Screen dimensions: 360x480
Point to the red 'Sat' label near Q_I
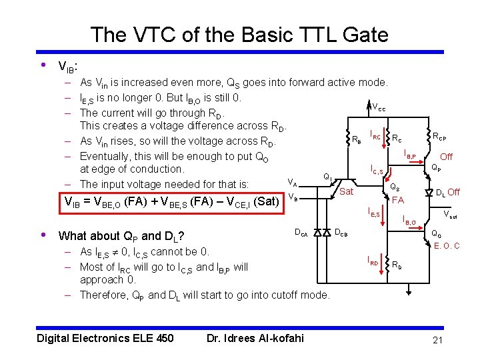pos(346,192)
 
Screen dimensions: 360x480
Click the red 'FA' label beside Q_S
pos(397,200)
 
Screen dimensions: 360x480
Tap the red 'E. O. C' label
pos(447,246)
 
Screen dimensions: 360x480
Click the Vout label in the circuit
pos(451,215)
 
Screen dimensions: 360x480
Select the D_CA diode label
pos(301,233)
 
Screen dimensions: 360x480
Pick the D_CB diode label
pos(341,233)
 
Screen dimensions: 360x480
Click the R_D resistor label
pos(397,265)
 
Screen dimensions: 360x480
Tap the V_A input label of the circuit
pos(292,181)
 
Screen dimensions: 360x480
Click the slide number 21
pos(437,341)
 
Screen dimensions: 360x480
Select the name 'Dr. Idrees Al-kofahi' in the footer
pos(255,338)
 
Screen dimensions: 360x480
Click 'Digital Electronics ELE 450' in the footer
pos(105,338)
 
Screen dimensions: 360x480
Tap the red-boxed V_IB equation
pos(170,202)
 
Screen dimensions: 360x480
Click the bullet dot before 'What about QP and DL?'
pos(43,235)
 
